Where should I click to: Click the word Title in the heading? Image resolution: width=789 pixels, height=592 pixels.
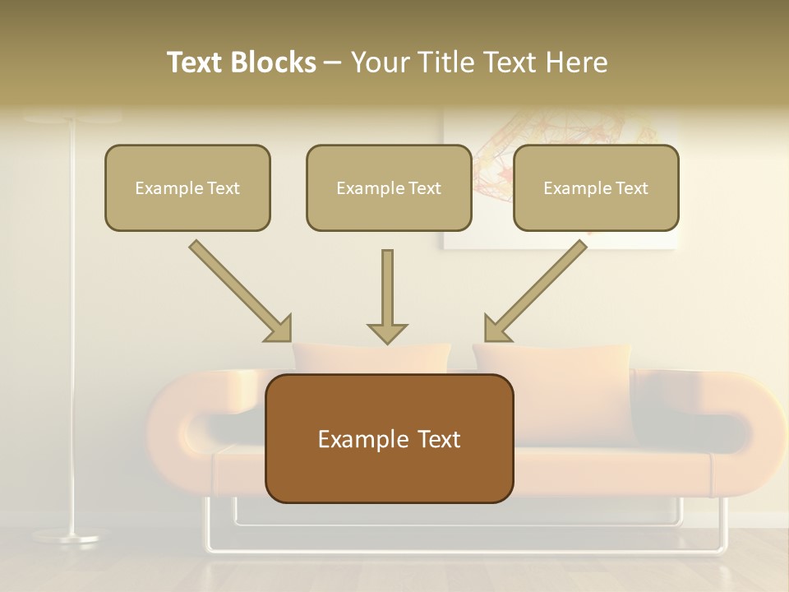click(438, 62)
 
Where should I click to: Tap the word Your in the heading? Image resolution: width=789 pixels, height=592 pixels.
click(379, 62)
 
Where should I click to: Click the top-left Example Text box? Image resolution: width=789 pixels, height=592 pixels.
click(187, 187)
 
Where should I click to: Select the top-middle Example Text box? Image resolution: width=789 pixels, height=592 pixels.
click(389, 187)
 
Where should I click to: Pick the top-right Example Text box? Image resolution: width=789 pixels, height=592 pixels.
click(596, 187)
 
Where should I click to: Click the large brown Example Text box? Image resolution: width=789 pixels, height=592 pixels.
click(389, 438)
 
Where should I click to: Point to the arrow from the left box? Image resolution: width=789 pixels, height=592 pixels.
click(240, 291)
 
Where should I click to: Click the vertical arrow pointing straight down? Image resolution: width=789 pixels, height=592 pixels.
click(387, 292)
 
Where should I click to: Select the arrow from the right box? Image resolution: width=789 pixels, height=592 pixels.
click(536, 291)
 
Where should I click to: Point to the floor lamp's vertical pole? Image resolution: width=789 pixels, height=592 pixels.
click(72, 329)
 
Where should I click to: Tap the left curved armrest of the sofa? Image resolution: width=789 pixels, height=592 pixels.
click(177, 428)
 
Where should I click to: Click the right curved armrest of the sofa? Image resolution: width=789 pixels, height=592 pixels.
click(740, 428)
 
